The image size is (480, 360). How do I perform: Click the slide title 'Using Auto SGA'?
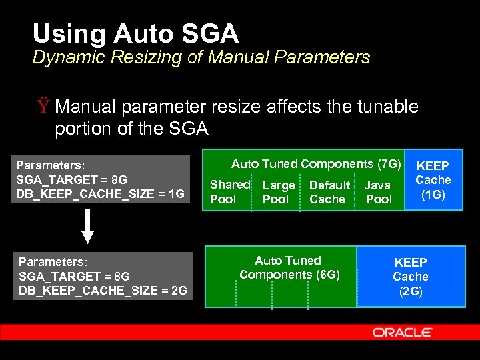[x=135, y=33]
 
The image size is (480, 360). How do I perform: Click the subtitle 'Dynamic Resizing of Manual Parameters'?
[x=201, y=57]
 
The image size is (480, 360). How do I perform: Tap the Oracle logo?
[x=402, y=332]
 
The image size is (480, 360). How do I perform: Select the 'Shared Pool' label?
[x=229, y=191]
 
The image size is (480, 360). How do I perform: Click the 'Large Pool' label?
[x=278, y=192]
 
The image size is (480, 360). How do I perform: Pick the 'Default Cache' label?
[x=329, y=192]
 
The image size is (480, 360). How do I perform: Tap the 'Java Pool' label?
[x=378, y=192]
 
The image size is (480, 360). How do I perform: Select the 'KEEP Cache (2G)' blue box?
[x=411, y=277]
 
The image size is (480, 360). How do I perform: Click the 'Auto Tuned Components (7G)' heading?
[x=316, y=164]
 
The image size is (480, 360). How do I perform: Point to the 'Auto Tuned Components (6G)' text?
[x=289, y=267]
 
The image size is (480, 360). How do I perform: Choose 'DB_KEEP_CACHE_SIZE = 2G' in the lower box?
[x=103, y=290]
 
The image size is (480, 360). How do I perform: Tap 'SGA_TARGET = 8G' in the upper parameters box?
[x=71, y=179]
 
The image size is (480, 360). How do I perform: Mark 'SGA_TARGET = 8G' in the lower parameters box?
[x=74, y=276]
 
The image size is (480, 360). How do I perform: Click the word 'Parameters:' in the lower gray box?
[x=53, y=261]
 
